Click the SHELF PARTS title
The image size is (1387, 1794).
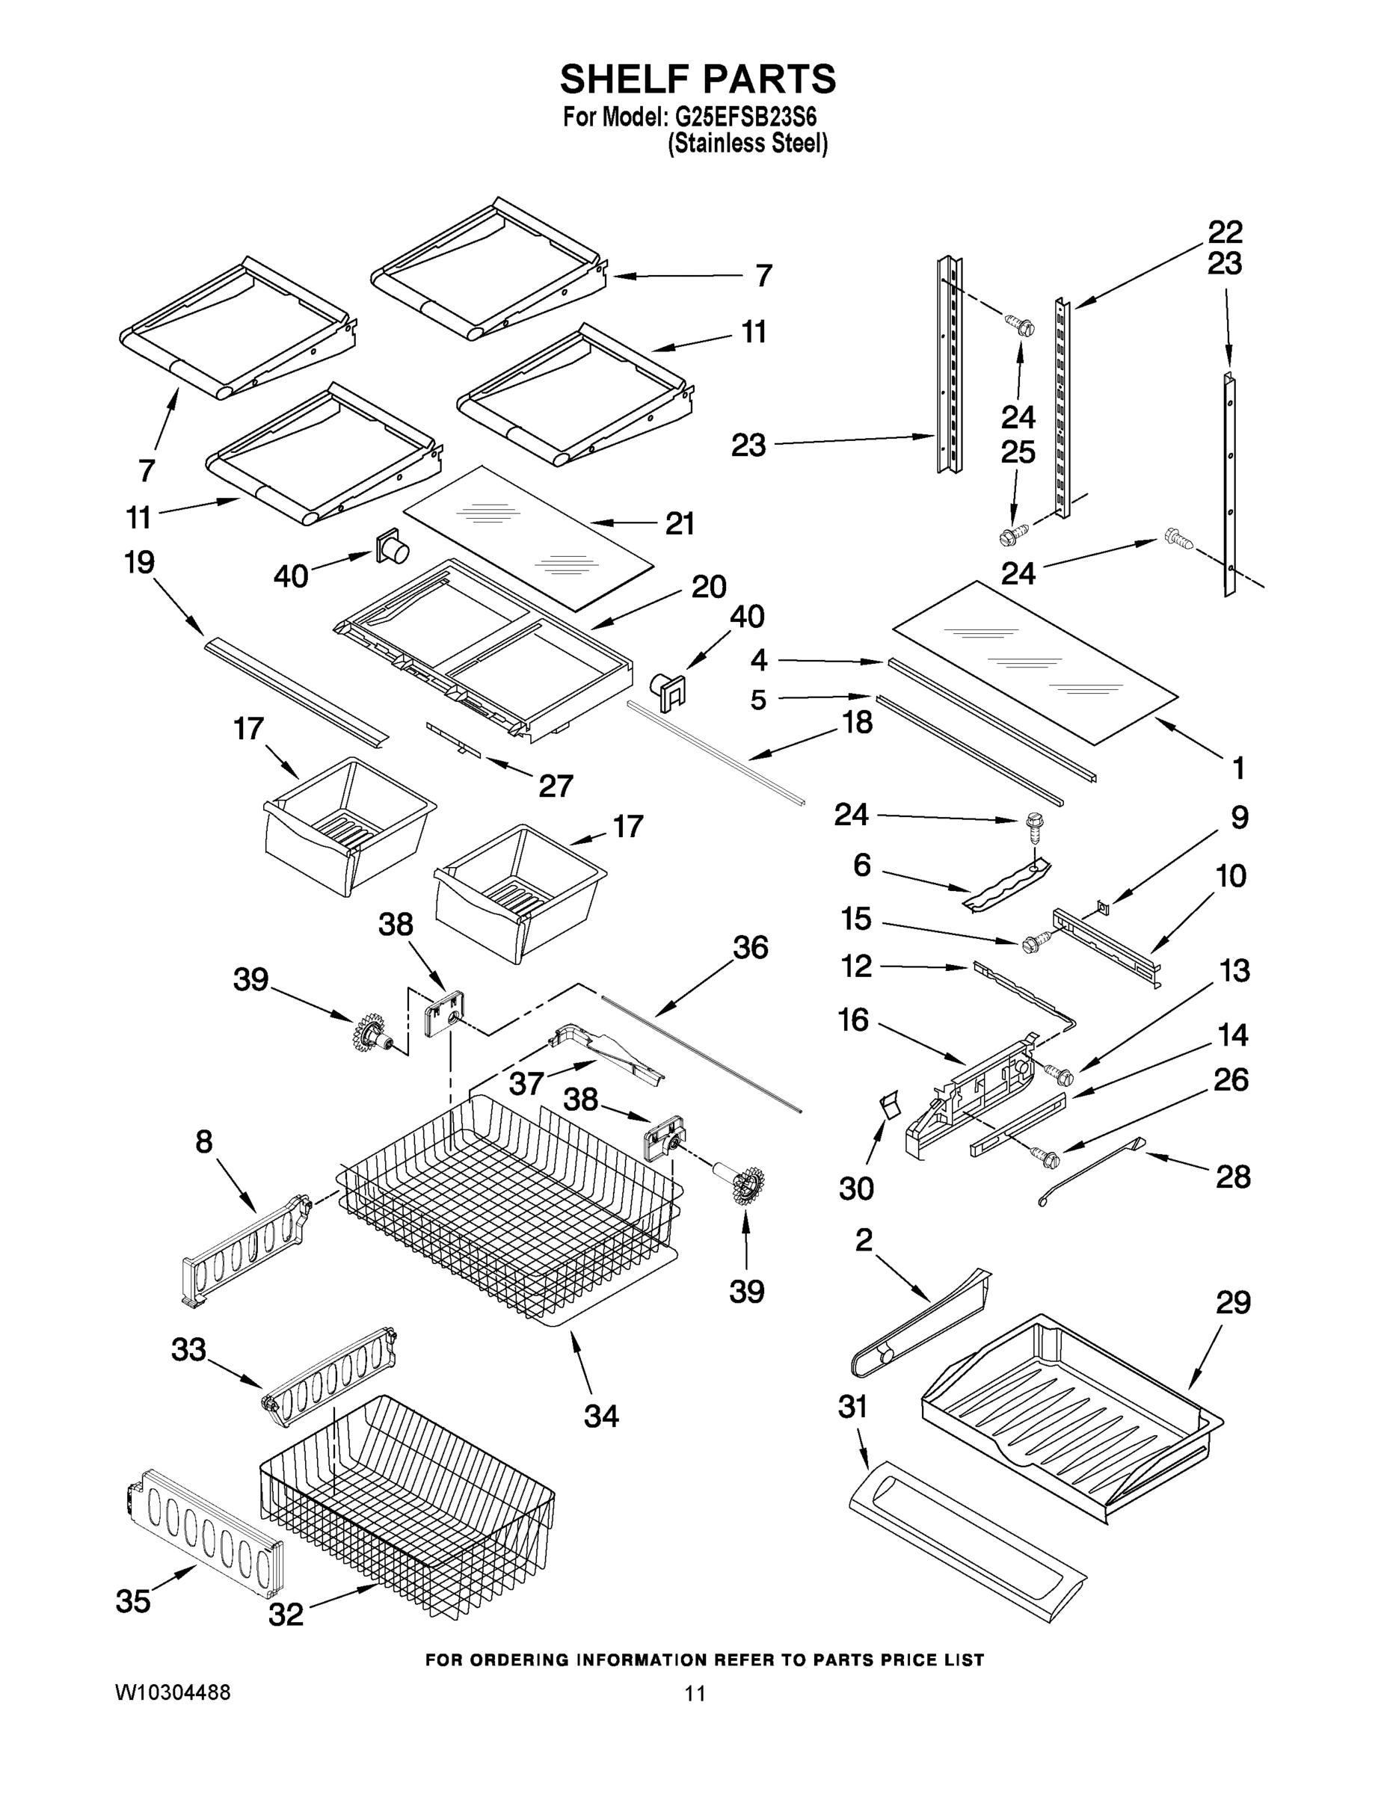(x=698, y=80)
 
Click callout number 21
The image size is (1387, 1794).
(x=680, y=523)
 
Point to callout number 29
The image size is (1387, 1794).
(x=1232, y=1303)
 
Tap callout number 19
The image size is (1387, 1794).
(x=140, y=563)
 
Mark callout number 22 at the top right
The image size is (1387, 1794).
(x=1224, y=232)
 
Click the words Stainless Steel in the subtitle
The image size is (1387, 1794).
(x=747, y=144)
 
